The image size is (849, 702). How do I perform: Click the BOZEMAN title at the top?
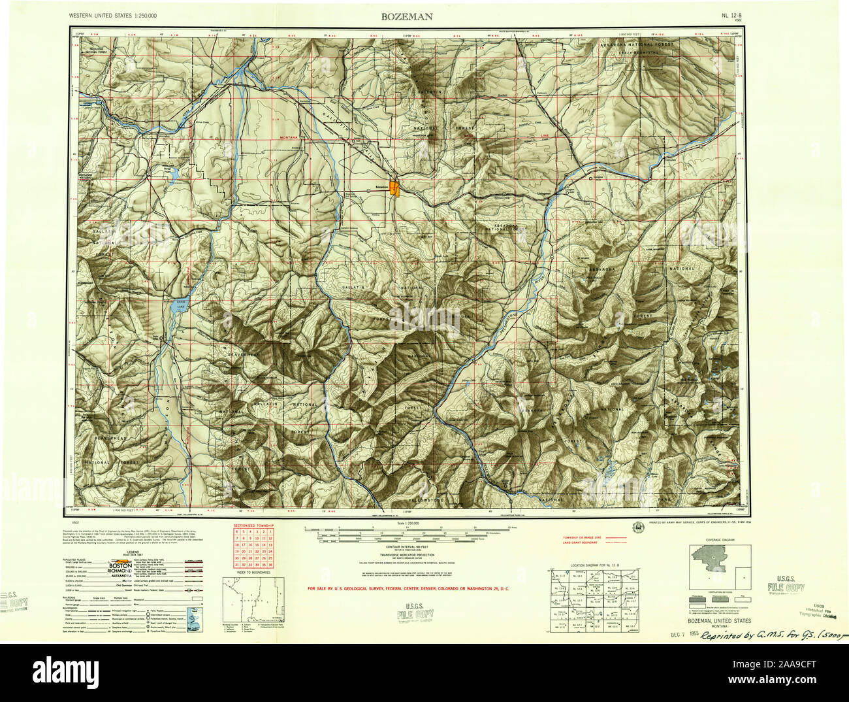point(406,18)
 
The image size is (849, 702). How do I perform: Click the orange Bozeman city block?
point(394,188)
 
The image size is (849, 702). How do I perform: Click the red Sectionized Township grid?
point(254,547)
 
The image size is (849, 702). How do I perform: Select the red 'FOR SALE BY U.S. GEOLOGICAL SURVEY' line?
point(408,589)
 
